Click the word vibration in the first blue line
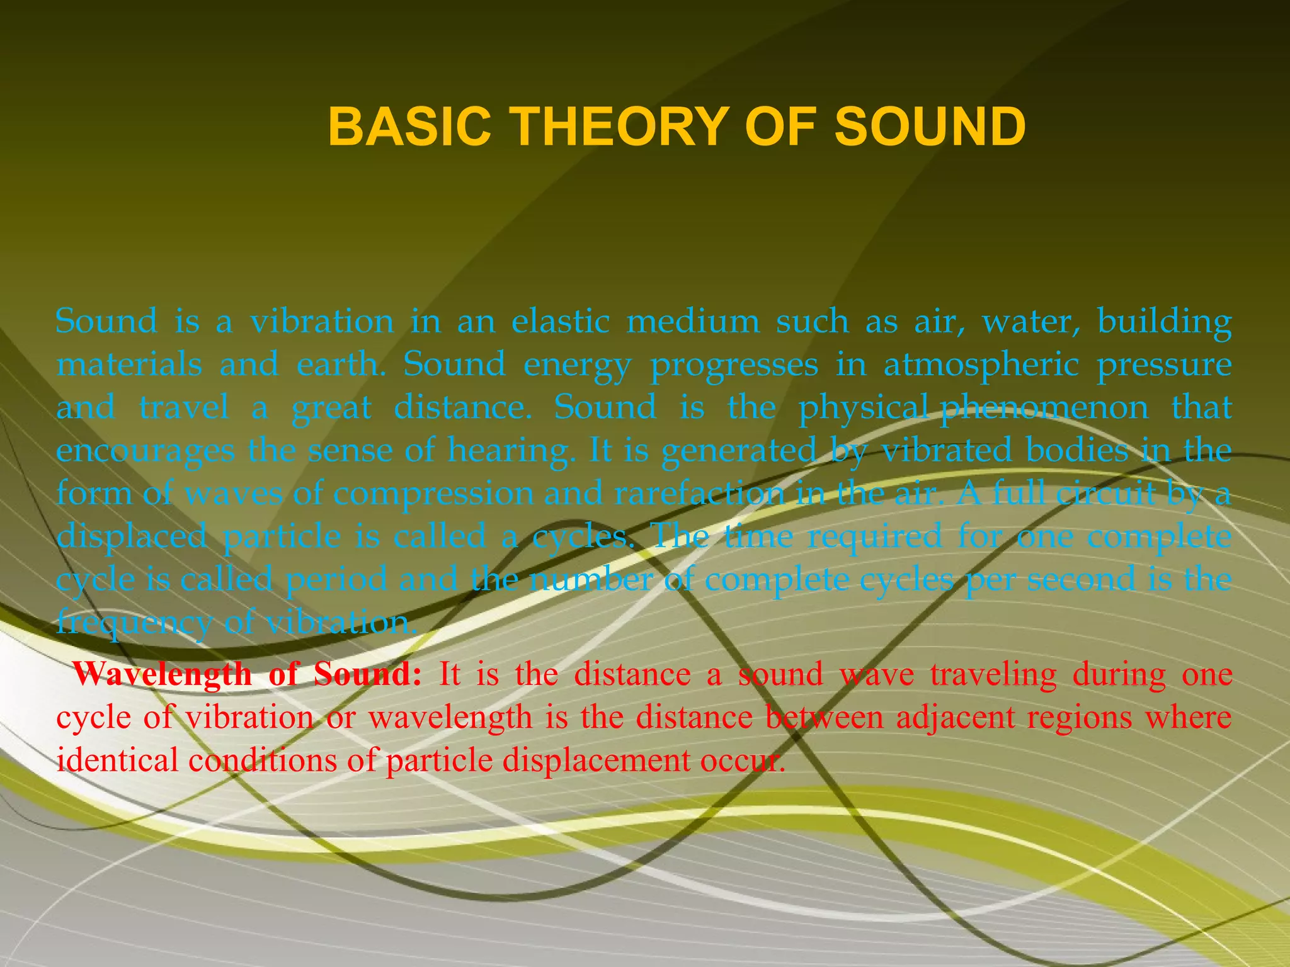pyautogui.click(x=322, y=322)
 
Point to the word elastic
pyautogui.click(x=560, y=322)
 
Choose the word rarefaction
pyautogui.click(x=699, y=493)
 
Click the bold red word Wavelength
pyautogui.click(x=162, y=675)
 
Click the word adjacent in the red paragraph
pyautogui.click(x=955, y=718)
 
